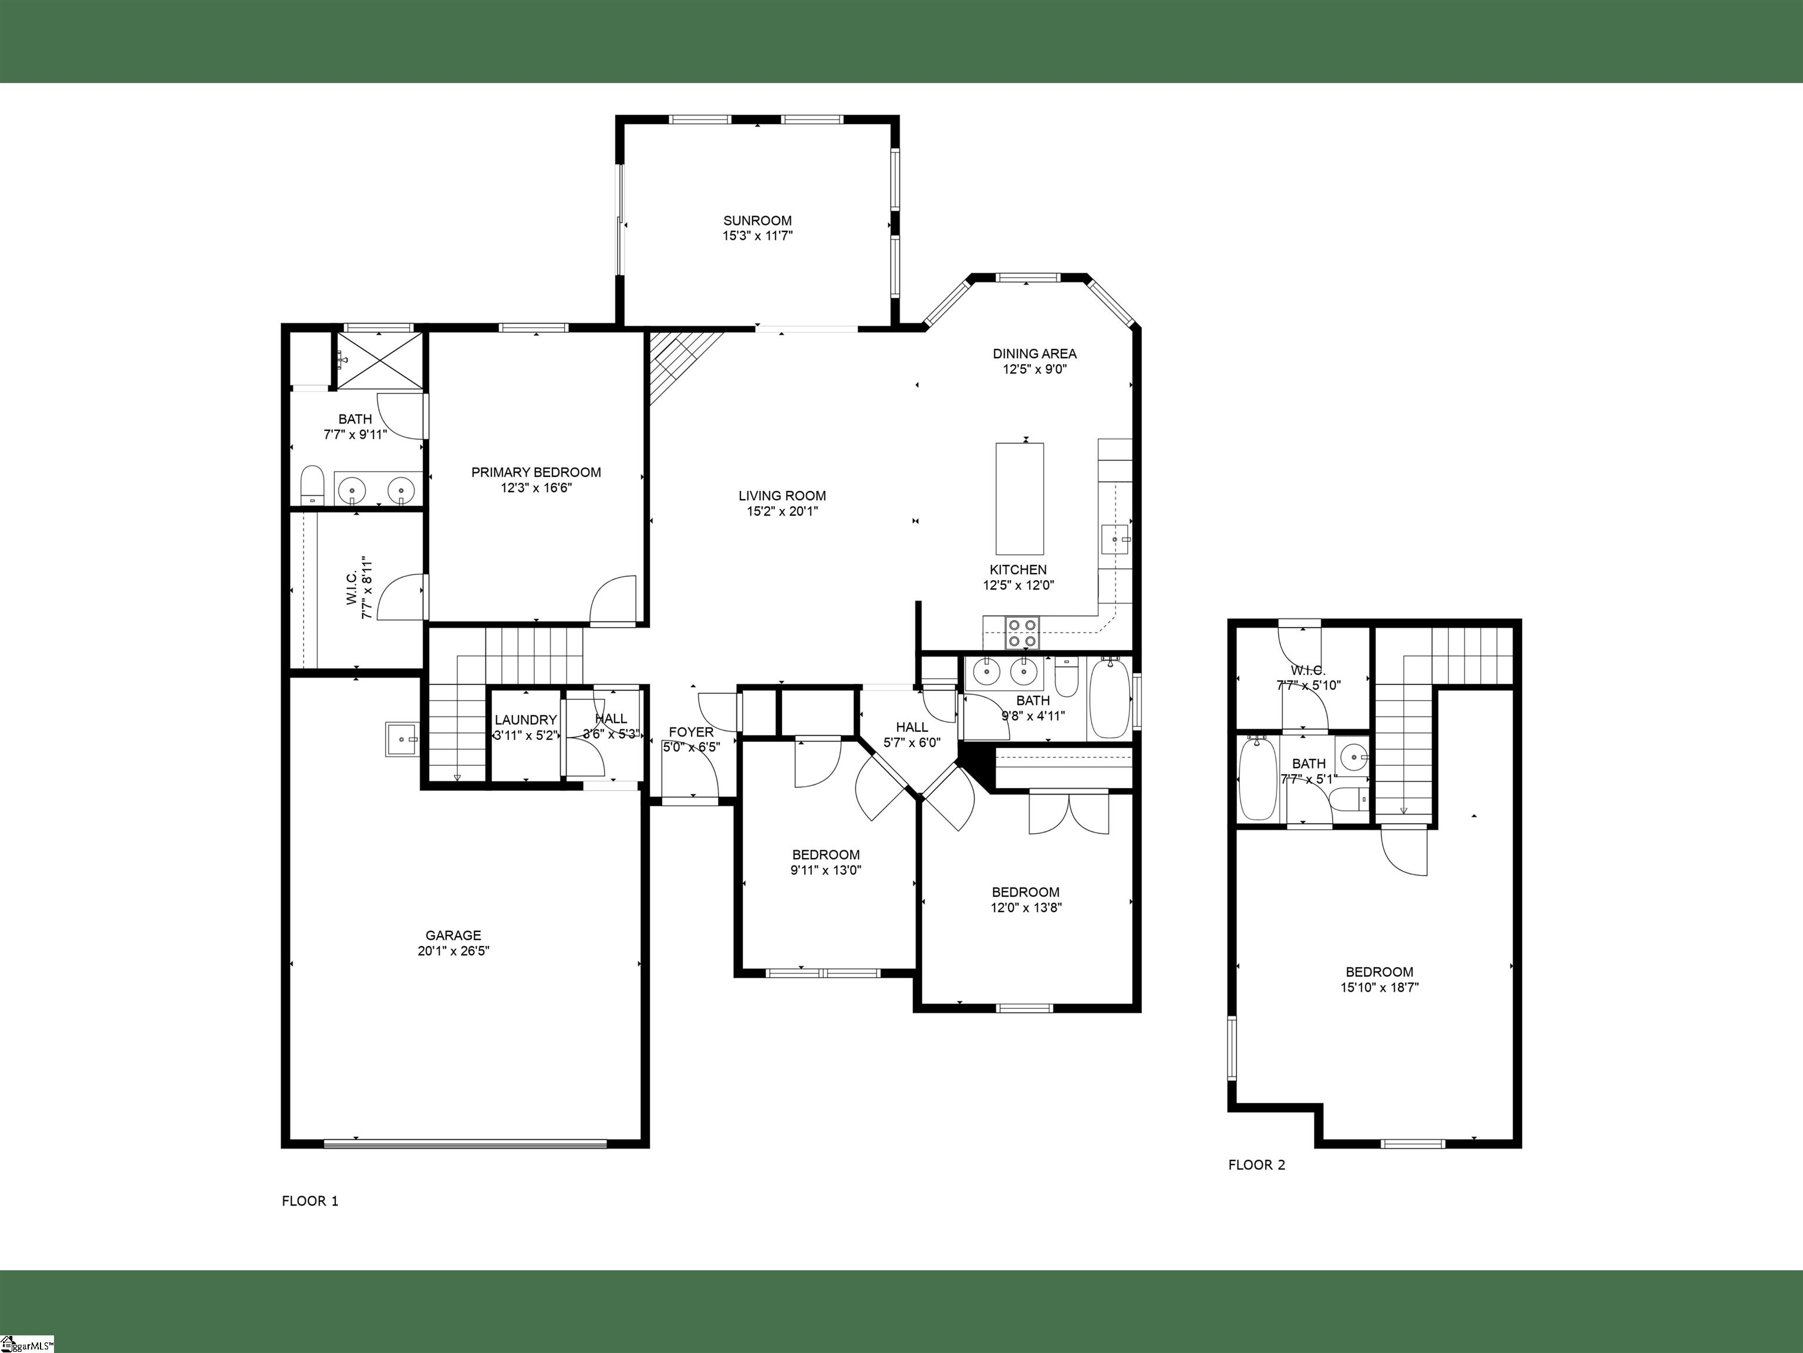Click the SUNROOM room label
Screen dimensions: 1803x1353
pyautogui.click(x=757, y=221)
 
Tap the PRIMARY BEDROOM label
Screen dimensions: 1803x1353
pyautogui.click(x=537, y=473)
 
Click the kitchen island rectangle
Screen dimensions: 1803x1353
pyautogui.click(x=1020, y=499)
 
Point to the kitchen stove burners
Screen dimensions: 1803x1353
pyautogui.click(x=1023, y=632)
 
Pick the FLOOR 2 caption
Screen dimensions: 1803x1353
pyautogui.click(x=1257, y=1164)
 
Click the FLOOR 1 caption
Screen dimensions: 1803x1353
pyautogui.click(x=310, y=1200)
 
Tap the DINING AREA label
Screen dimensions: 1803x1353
pyautogui.click(x=1034, y=354)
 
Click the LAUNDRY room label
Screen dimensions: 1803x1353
pyautogui.click(x=525, y=720)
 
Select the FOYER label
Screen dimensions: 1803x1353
pyautogui.click(x=691, y=732)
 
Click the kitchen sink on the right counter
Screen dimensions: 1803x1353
pyautogui.click(x=1115, y=538)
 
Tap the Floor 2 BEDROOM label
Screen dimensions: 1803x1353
pyautogui.click(x=1379, y=971)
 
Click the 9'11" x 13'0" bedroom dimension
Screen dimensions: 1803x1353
pyautogui.click(x=825, y=870)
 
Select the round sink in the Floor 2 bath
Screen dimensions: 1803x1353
pyautogui.click(x=1353, y=757)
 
